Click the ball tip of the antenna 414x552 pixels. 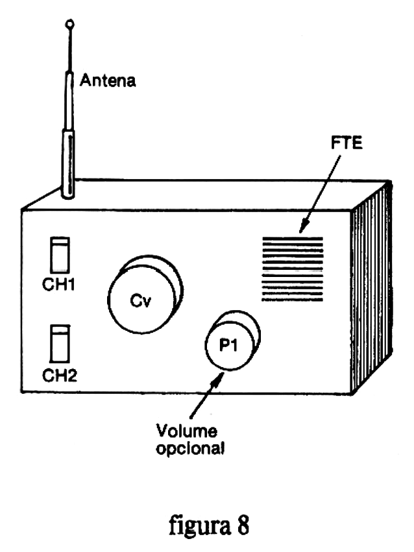click(70, 24)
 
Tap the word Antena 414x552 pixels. click(108, 80)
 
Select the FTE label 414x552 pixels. click(347, 143)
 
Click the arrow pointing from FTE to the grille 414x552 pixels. click(320, 195)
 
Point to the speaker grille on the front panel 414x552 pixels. click(292, 269)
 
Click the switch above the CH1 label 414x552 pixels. click(60, 255)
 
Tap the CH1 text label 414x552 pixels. click(58, 285)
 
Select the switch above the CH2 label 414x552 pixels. click(60, 344)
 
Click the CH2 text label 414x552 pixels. click(60, 376)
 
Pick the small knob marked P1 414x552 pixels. click(233, 340)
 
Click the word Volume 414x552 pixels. click(187, 431)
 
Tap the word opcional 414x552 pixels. click(190, 449)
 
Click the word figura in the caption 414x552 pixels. click(200, 525)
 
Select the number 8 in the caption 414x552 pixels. click(243, 525)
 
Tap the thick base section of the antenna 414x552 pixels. click(68, 163)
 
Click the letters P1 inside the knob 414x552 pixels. click(228, 345)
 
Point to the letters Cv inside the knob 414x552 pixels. click(140, 300)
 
